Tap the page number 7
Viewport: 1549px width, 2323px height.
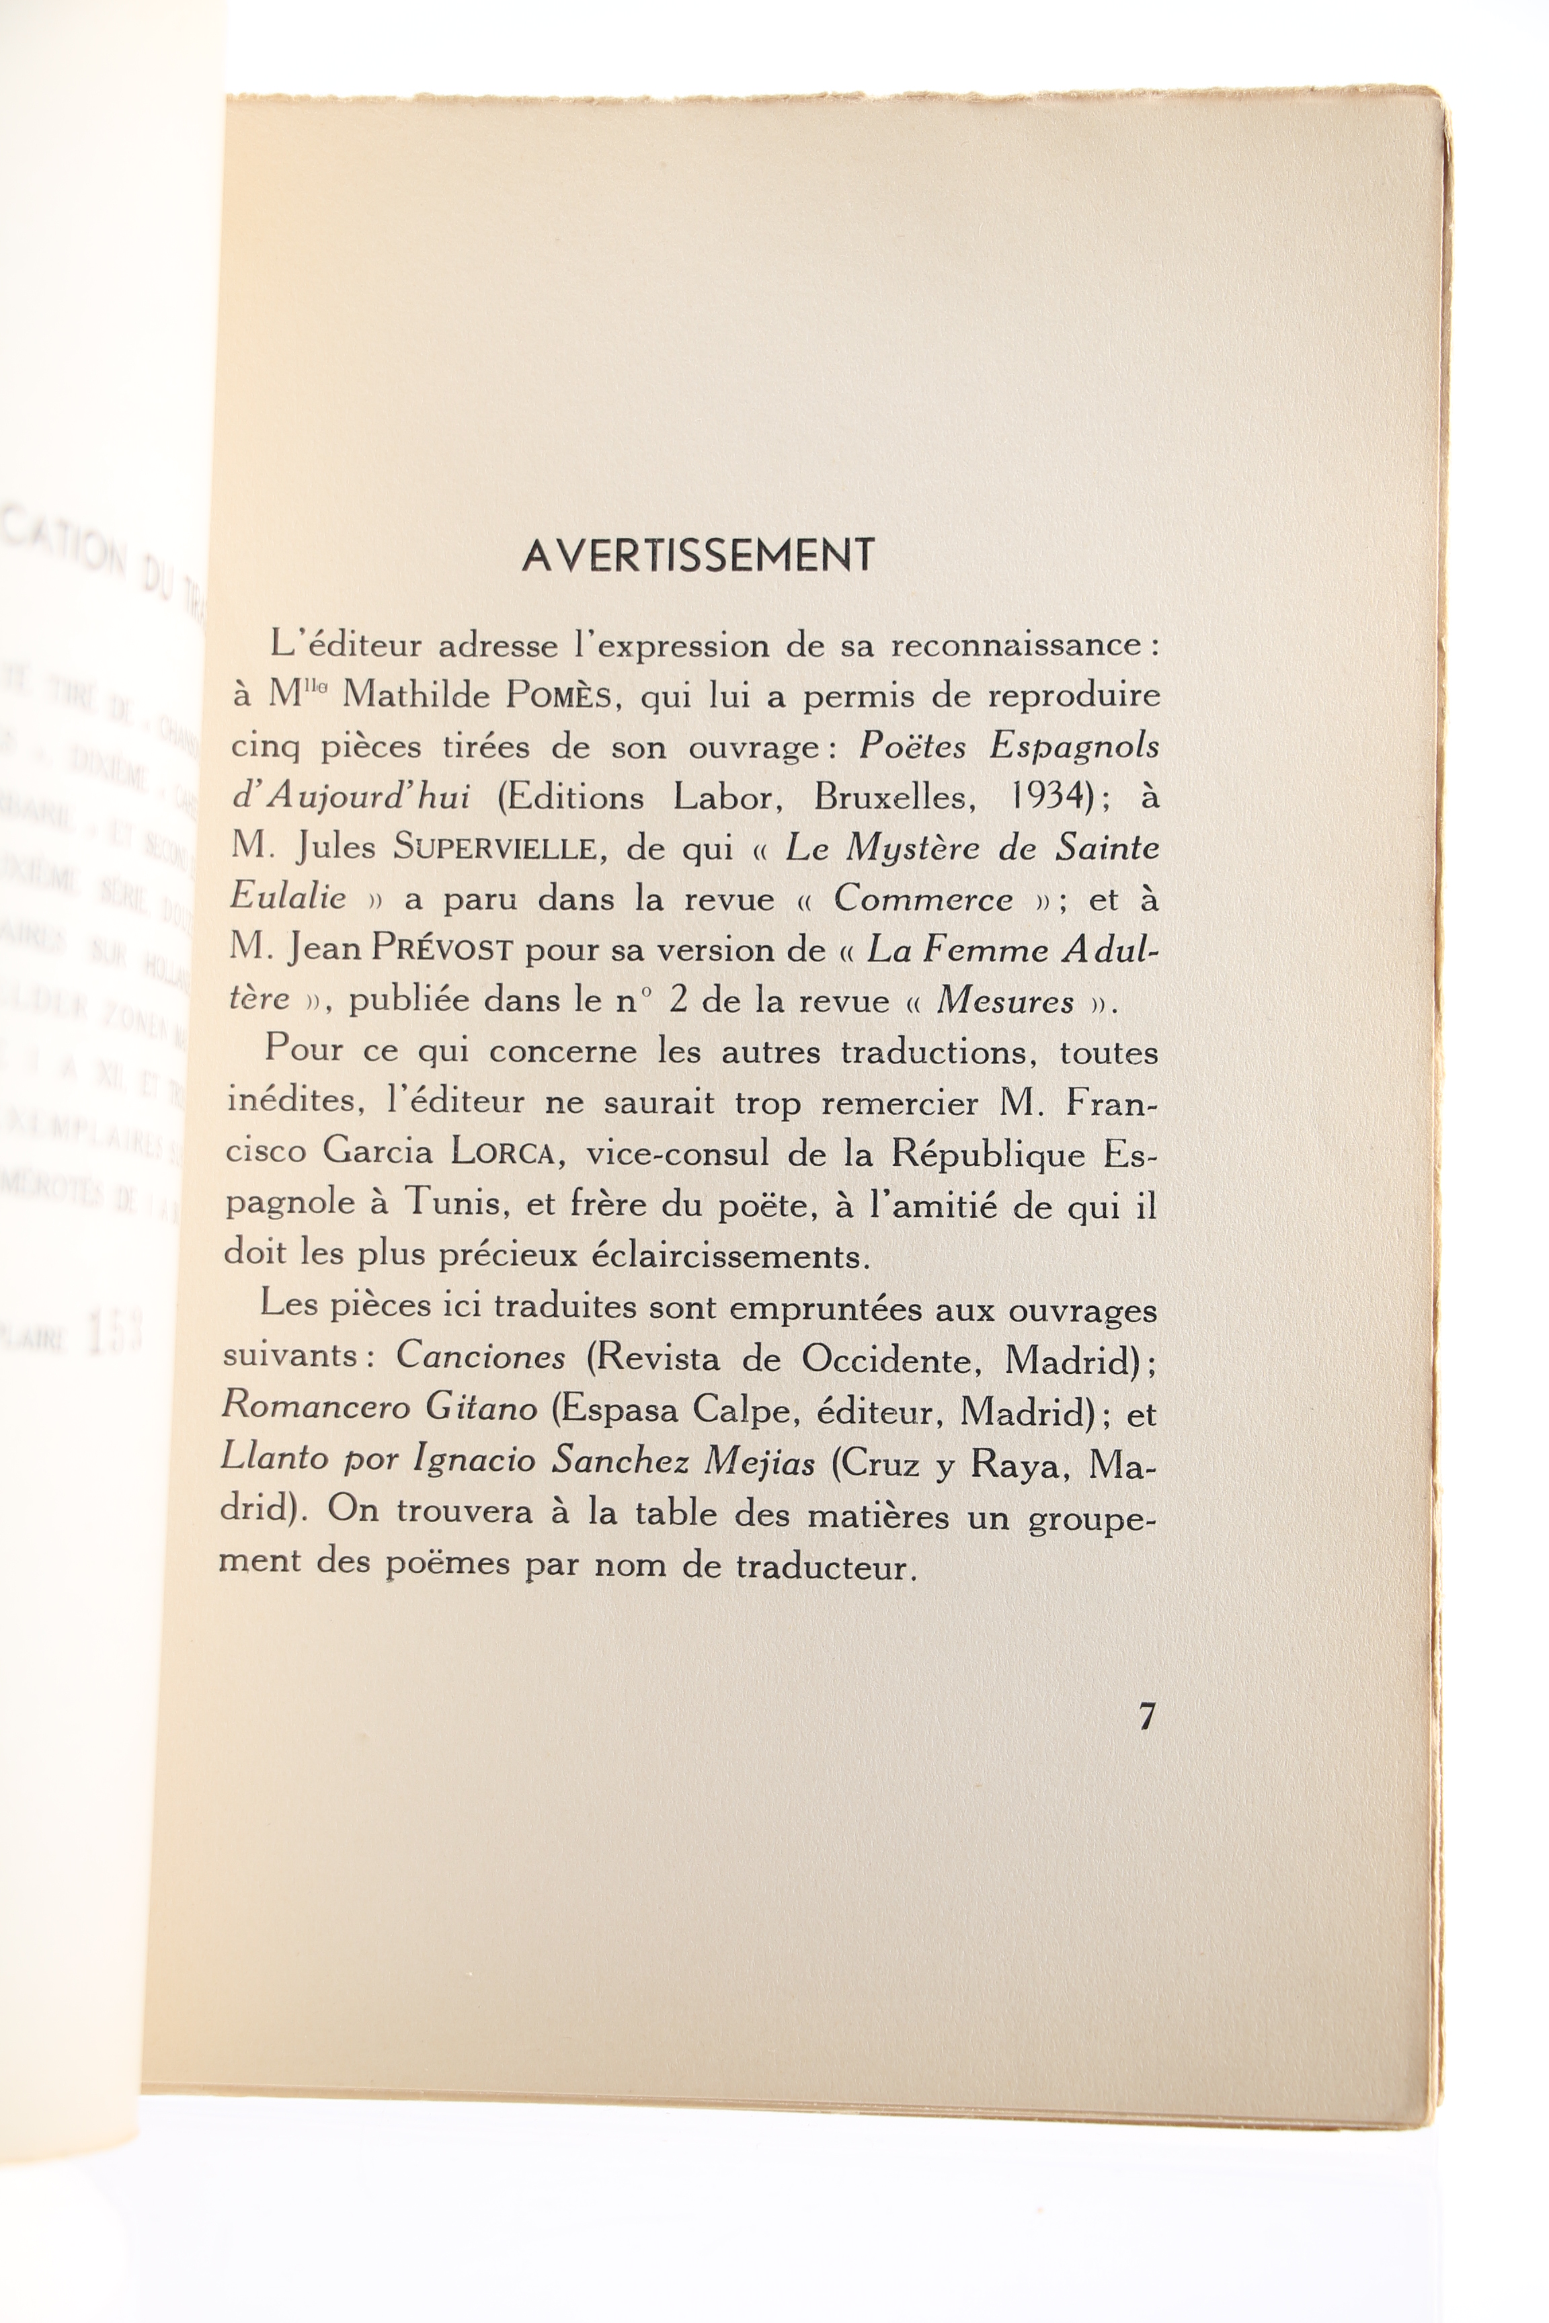tap(1146, 1717)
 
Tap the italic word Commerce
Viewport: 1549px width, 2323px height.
tap(922, 898)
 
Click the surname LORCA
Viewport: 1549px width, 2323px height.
tap(504, 1153)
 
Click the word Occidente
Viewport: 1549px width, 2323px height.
tap(889, 1359)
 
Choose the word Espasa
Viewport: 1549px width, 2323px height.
tap(612, 1410)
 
